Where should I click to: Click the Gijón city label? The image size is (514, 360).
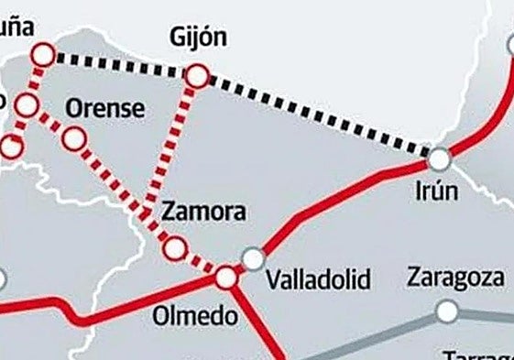199,38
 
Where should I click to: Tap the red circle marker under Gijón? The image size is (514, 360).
197,78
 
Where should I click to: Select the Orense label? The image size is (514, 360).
106,109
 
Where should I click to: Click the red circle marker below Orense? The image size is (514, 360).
75,138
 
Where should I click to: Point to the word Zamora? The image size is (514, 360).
203,213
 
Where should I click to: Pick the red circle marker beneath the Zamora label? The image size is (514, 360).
174,247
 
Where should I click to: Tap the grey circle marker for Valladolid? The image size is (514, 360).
253,259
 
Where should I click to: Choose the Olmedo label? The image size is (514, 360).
182,317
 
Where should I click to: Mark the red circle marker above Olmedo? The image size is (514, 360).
226,276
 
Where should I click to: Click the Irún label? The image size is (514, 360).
436,193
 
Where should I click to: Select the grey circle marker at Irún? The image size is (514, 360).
440,159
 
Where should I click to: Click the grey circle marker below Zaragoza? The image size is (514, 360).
447,311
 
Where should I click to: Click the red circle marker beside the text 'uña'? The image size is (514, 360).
42,55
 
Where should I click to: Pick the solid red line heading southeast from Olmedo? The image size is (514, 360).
261,325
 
